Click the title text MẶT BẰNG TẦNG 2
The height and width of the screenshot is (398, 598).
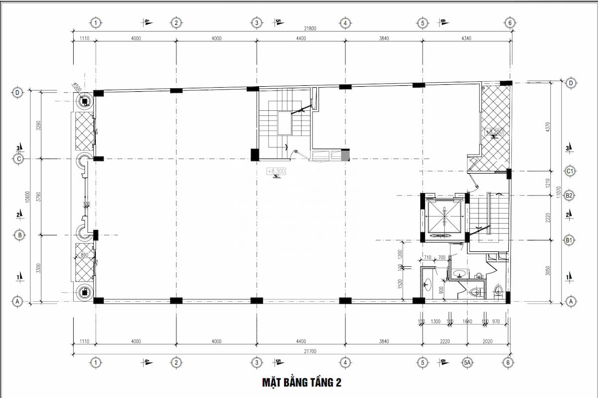(302, 383)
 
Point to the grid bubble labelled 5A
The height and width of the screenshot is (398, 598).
(467, 363)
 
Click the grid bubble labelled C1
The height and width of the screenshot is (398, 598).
(571, 171)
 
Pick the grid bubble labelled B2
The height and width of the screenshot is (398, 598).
(571, 196)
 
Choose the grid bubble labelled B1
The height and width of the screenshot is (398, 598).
(571, 240)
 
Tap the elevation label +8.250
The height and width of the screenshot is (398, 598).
(494, 132)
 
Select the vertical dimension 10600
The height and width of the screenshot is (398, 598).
(31, 197)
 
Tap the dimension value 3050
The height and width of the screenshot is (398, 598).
(548, 271)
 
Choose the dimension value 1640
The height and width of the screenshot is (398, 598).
(467, 322)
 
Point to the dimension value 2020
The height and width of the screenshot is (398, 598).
(488, 342)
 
